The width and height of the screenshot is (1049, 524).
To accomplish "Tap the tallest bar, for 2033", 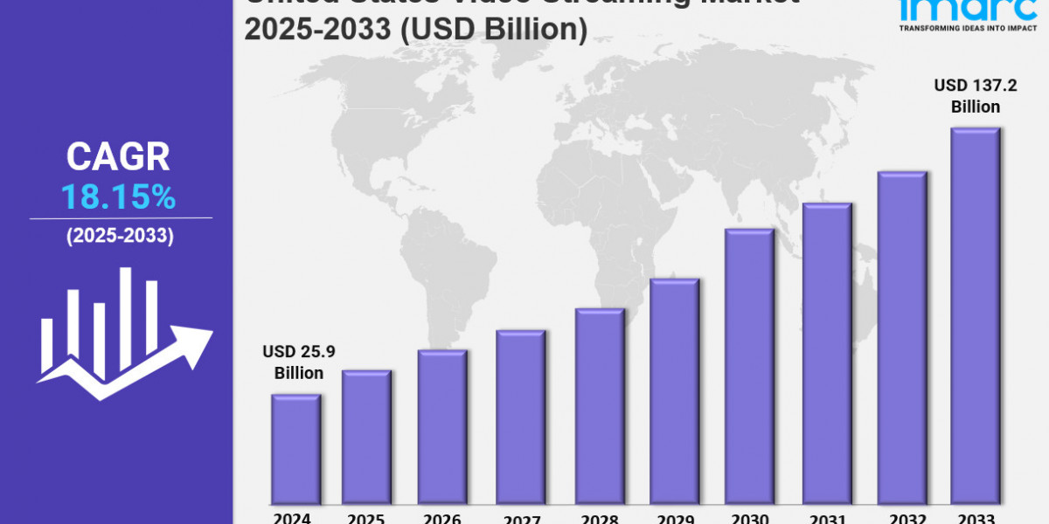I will click(x=976, y=314).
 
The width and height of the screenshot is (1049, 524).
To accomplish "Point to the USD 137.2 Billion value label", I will click(x=967, y=96).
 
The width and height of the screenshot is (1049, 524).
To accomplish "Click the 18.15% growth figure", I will click(x=118, y=198).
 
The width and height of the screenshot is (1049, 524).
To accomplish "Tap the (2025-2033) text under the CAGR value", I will click(x=120, y=236).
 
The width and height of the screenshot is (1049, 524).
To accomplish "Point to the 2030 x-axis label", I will click(x=749, y=517).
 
